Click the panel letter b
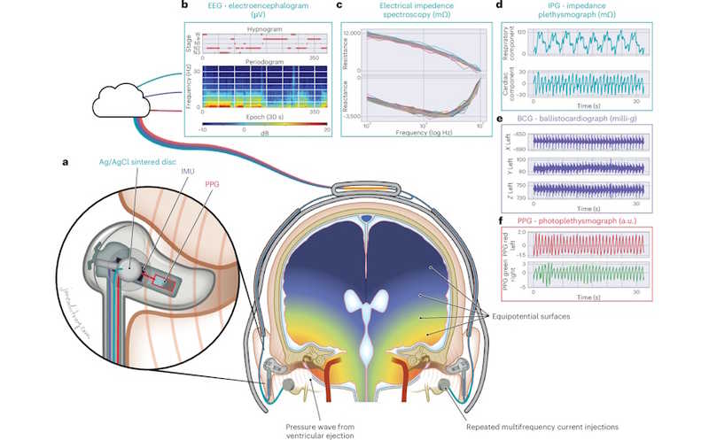[x=183, y=7]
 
